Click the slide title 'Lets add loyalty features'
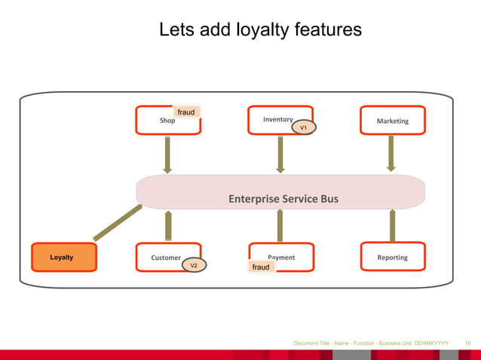tap(260, 30)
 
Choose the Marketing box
tap(392, 121)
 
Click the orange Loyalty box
tap(63, 257)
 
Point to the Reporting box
tap(392, 257)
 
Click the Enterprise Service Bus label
tap(283, 199)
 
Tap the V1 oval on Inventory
tap(303, 128)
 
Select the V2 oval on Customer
tap(193, 266)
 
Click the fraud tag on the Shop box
tap(185, 112)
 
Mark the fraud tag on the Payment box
tap(261, 267)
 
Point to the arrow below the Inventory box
tap(280, 154)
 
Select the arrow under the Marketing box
tap(391, 154)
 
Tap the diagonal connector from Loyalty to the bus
tap(118, 223)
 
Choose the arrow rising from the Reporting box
tap(392, 225)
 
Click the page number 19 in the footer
tap(467, 343)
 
